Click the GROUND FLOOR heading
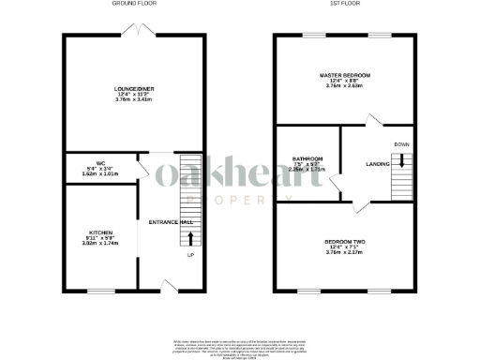pyautogui.click(x=133, y=4)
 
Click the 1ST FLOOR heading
pyautogui.click(x=346, y=4)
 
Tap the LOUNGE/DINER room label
pyautogui.click(x=133, y=89)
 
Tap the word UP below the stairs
pyautogui.click(x=190, y=254)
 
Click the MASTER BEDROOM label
pyautogui.click(x=346, y=75)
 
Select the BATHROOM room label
pyautogui.click(x=307, y=158)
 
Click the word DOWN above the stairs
pyautogui.click(x=401, y=144)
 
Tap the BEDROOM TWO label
pyautogui.click(x=346, y=241)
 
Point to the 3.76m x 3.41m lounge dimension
pyautogui.click(x=133, y=100)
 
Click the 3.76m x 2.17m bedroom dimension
pyautogui.click(x=346, y=252)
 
